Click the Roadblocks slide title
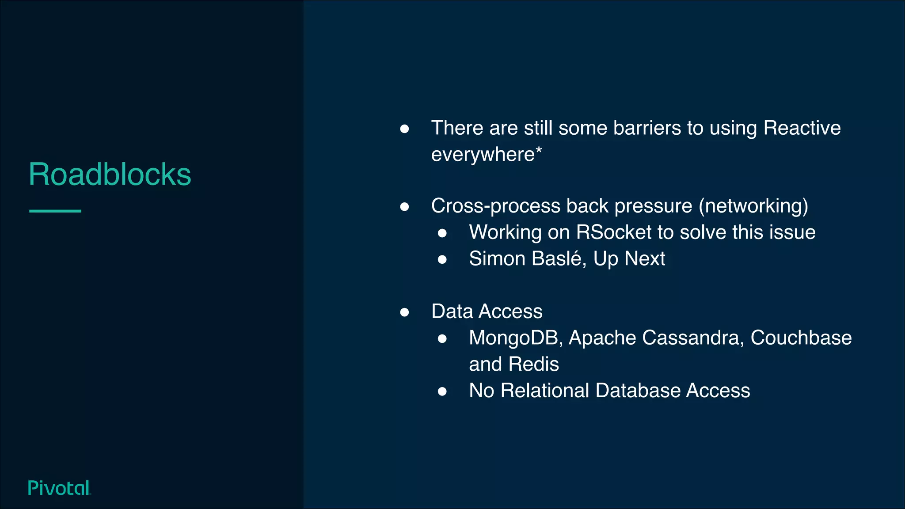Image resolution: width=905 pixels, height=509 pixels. click(x=110, y=174)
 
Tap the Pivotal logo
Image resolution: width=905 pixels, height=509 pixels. click(x=59, y=488)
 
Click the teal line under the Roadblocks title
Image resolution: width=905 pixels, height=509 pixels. click(x=55, y=211)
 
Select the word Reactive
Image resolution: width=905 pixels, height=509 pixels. click(x=802, y=128)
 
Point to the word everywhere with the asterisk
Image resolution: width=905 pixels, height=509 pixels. click(x=486, y=155)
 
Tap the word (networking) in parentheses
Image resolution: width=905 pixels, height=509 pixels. click(x=753, y=206)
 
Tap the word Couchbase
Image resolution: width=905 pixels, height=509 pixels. click(x=801, y=338)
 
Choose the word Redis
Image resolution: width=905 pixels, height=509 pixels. click(x=533, y=365)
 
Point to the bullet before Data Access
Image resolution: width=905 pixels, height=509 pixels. click(x=404, y=312)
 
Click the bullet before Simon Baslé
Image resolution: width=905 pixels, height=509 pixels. click(x=442, y=259)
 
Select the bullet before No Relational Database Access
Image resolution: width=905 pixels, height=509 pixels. click(x=442, y=391)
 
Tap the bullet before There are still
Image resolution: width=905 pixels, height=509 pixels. click(x=404, y=129)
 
